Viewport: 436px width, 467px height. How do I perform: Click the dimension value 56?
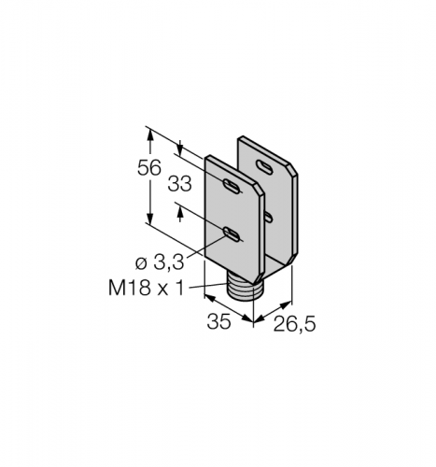[x=149, y=168]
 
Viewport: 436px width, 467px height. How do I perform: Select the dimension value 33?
[x=179, y=184]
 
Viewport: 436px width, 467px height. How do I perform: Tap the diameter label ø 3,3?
[x=160, y=263]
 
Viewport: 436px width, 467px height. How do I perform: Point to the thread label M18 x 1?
[x=147, y=288]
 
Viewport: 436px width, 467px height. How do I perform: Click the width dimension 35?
[x=218, y=321]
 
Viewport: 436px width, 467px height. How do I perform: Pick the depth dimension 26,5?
[x=294, y=324]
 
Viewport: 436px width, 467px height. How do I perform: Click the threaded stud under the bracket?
[x=244, y=287]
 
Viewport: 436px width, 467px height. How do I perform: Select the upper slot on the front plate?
[x=232, y=186]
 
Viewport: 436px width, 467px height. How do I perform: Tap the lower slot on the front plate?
[x=232, y=234]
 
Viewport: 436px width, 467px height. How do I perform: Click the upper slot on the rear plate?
[x=264, y=166]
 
